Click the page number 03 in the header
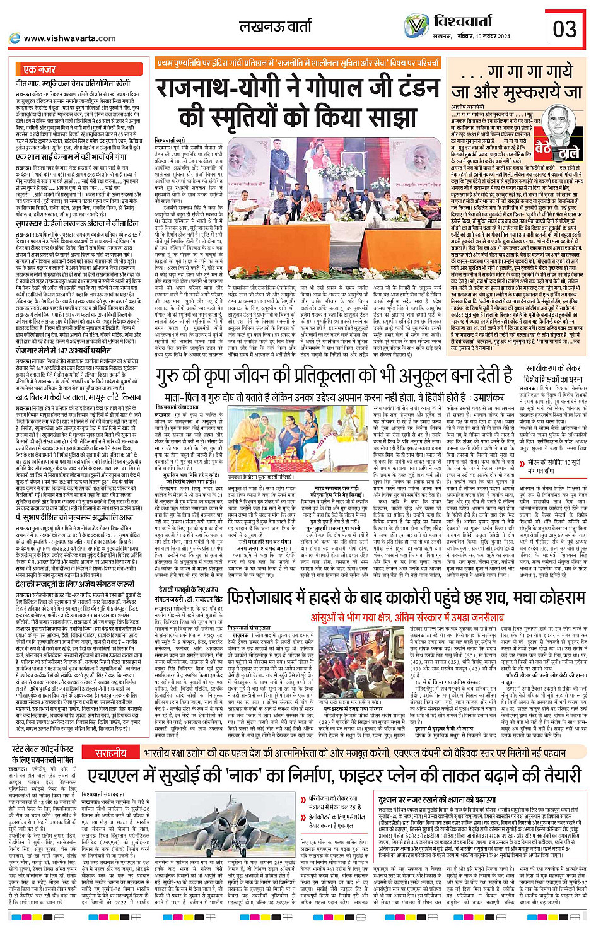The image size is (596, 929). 565,28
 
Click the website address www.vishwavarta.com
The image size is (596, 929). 69,38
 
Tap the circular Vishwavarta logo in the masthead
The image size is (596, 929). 416,26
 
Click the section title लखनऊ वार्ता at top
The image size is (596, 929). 275,26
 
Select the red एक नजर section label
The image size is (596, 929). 39,69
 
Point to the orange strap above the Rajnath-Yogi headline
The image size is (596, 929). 298,63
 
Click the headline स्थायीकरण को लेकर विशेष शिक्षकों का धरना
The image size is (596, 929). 552,374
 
